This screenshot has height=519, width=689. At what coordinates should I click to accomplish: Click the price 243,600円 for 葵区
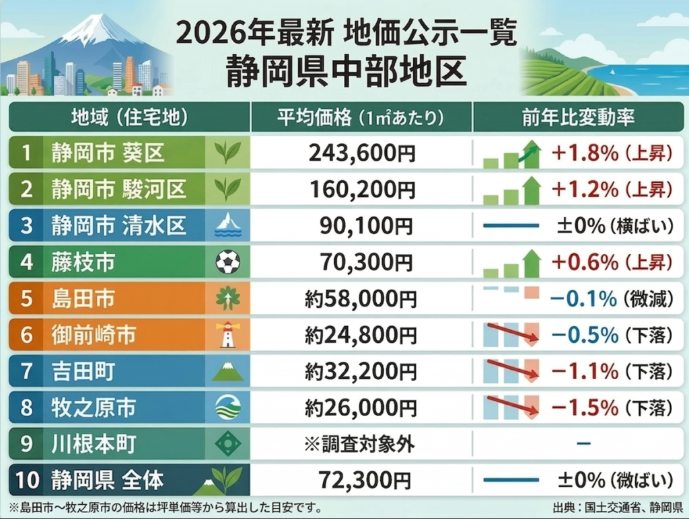(x=362, y=154)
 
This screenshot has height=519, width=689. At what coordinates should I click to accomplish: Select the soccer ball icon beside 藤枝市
(x=227, y=262)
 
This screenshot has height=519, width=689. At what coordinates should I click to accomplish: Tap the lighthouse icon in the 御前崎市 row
(x=227, y=334)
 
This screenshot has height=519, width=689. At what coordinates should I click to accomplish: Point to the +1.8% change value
(x=584, y=154)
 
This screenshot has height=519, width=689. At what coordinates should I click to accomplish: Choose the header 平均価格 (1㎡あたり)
(x=361, y=118)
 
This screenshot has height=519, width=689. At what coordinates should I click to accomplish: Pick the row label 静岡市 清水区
(x=118, y=225)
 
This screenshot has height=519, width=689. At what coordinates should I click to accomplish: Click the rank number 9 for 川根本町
(x=26, y=444)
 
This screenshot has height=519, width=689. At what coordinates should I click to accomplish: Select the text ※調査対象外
(x=361, y=444)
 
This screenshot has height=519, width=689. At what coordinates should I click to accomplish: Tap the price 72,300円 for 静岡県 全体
(x=362, y=480)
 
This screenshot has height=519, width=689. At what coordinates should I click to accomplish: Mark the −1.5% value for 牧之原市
(x=584, y=407)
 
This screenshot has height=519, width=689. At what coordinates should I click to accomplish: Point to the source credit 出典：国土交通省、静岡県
(x=616, y=506)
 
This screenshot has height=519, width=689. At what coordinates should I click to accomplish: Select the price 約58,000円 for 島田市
(x=361, y=298)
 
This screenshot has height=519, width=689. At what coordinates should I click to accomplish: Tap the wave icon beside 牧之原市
(x=227, y=407)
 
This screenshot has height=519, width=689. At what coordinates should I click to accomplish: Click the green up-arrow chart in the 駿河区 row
(x=512, y=190)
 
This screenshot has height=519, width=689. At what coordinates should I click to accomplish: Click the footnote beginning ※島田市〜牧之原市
(x=165, y=506)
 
